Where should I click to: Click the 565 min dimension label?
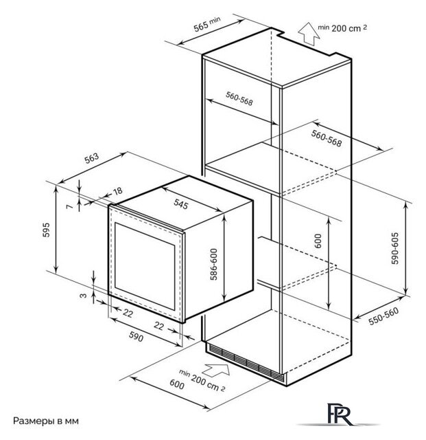click(x=206, y=24)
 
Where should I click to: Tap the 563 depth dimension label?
click(x=92, y=158)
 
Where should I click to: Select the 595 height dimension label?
click(x=46, y=230)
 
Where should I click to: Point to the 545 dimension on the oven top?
click(x=180, y=203)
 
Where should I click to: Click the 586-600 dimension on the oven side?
click(x=214, y=264)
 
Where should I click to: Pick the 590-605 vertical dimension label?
click(x=394, y=248)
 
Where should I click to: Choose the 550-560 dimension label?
click(x=383, y=316)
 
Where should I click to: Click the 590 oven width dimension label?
click(x=136, y=336)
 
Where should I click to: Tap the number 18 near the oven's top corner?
click(x=117, y=191)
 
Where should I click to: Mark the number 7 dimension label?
click(x=69, y=206)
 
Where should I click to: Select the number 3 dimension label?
click(x=84, y=296)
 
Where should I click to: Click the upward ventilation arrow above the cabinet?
click(x=309, y=34)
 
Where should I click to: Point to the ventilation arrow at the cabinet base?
click(x=215, y=370)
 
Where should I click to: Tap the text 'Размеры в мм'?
click(x=46, y=421)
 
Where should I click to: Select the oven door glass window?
click(x=145, y=266)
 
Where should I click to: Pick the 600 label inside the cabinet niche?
click(x=318, y=241)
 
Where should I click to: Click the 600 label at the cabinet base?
click(x=177, y=384)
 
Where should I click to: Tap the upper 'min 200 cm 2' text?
click(x=342, y=27)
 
